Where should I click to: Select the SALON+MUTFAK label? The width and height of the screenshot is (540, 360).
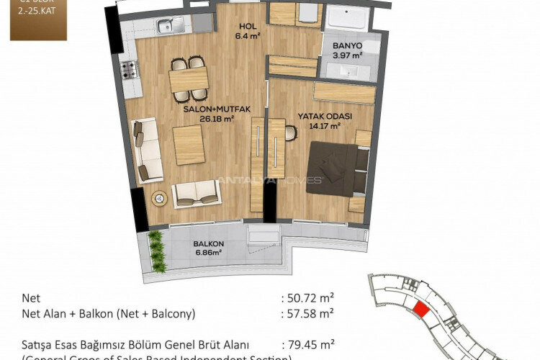[216, 109]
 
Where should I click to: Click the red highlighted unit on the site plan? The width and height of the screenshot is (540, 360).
[420, 310]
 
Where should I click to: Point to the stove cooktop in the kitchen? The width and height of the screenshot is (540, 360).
[129, 69]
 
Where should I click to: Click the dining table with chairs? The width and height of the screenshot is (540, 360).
[189, 78]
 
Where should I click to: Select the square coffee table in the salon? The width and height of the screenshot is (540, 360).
[189, 144]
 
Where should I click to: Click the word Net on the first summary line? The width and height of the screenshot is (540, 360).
[32, 297]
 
